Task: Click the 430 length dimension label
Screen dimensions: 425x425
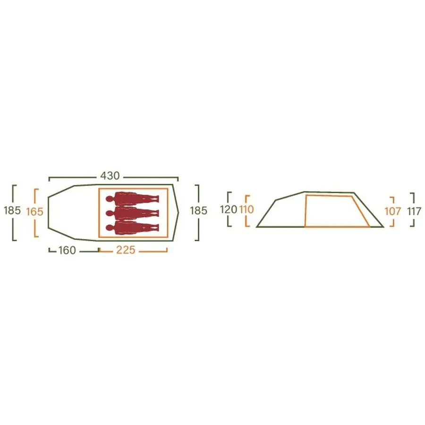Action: pyautogui.click(x=110, y=176)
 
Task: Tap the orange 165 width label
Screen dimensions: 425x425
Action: pyautogui.click(x=34, y=212)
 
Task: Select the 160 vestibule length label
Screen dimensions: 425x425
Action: pyautogui.click(x=67, y=250)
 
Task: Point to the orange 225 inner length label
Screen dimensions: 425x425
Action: pyautogui.click(x=126, y=250)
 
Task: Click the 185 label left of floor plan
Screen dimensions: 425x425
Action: pyautogui.click(x=12, y=210)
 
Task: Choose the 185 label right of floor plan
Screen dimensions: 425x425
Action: pyautogui.click(x=198, y=211)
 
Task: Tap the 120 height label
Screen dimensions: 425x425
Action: pyautogui.click(x=229, y=210)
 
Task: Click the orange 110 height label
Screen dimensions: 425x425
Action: pyautogui.click(x=246, y=209)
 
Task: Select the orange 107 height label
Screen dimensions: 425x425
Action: pyautogui.click(x=393, y=212)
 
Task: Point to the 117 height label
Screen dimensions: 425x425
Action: pyautogui.click(x=415, y=212)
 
